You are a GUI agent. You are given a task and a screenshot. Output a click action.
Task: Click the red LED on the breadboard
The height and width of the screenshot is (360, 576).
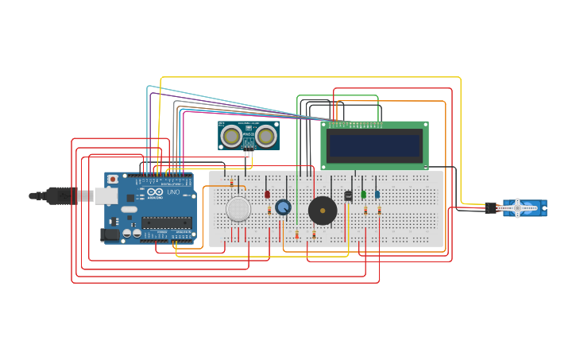coord(267,194)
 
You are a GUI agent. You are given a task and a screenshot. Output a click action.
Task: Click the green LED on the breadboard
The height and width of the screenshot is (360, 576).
coord(363,194)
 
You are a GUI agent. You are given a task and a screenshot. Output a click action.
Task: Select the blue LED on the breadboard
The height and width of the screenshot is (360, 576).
coord(377,194)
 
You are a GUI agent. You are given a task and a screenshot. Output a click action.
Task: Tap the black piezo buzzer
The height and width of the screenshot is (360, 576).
coord(323,211)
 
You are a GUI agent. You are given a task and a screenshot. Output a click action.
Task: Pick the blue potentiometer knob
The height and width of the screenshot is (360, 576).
coord(283,207)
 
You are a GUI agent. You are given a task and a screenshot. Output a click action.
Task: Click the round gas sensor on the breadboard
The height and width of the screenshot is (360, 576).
coord(238,209)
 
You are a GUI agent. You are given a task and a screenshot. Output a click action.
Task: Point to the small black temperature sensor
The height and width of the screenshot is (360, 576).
coord(348,195)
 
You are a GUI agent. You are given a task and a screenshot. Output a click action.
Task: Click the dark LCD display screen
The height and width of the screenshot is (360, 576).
coord(374,145)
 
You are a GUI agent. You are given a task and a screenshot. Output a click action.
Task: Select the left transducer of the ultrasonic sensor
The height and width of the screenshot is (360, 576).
coord(232,137)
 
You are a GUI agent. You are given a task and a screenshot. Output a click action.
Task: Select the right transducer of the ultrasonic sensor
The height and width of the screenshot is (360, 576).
coord(265,137)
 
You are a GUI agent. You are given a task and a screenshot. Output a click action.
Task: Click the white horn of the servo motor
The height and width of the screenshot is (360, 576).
coord(516,208)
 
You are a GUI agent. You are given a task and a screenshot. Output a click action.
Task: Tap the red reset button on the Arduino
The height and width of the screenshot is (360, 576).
coord(113,180)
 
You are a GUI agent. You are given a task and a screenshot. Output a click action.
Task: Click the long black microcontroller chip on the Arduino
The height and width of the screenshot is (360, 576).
coord(167,223)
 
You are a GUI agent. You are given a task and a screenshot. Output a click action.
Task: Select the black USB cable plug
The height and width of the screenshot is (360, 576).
coord(60,195)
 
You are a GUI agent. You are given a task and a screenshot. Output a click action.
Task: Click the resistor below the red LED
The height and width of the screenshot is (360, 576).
coord(269,211)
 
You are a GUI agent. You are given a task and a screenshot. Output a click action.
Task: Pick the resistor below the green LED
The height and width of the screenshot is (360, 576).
coord(365,211)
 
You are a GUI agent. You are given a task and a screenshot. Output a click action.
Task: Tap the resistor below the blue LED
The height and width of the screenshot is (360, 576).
coord(379,211)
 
